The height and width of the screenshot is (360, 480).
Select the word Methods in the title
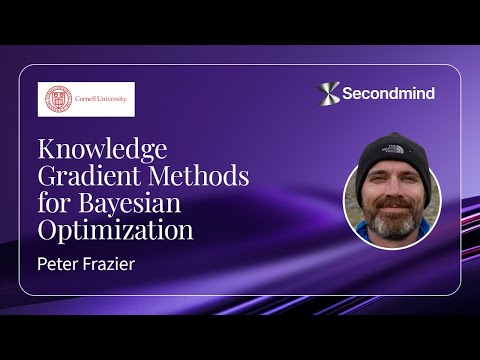(x=200, y=178)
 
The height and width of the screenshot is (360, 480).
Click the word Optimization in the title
(x=115, y=231)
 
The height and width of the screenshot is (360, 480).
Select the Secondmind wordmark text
(x=390, y=94)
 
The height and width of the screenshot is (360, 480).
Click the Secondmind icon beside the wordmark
(x=329, y=93)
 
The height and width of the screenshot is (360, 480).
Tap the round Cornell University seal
(x=58, y=99)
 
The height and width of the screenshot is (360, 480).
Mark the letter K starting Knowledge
(x=48, y=151)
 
